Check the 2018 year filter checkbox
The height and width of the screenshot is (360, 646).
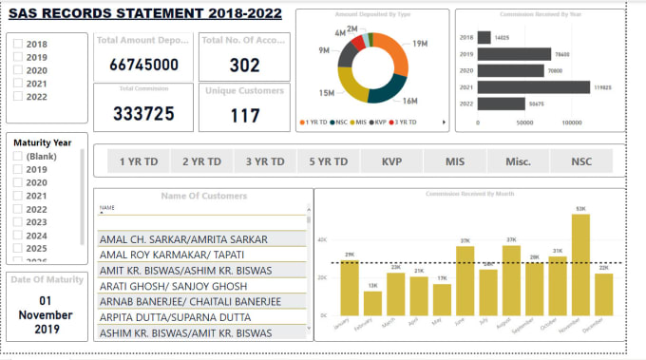19,45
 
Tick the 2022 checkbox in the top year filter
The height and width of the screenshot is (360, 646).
19,97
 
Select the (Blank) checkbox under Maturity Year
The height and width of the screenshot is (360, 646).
19,156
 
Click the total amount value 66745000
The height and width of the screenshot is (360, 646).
143,64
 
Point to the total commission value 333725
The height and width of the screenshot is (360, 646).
143,113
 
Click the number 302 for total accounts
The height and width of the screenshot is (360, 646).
244,64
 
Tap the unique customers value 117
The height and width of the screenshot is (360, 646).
244,116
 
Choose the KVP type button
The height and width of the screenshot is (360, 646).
392,161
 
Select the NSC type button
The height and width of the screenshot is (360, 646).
579,161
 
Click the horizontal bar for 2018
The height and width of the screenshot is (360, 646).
484,37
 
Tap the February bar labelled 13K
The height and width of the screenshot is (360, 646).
372,303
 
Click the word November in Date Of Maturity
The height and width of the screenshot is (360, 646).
45,314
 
